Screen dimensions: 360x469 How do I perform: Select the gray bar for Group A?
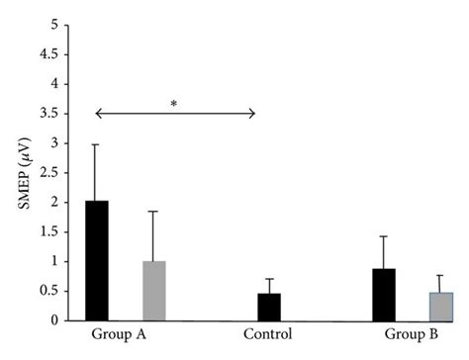pyautogui.click(x=153, y=291)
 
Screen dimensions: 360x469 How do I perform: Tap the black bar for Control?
pyautogui.click(x=268, y=307)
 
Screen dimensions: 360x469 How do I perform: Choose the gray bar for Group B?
pyautogui.click(x=441, y=307)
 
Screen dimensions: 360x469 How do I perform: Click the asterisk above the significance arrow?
pyautogui.click(x=174, y=102)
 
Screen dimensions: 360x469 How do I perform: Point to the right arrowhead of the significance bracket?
pyautogui.click(x=253, y=114)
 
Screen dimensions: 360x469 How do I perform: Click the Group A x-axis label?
pyautogui.click(x=117, y=334)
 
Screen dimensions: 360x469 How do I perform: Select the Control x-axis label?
pyautogui.click(x=267, y=334)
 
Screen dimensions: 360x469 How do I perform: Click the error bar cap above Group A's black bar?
pyautogui.click(x=96, y=144)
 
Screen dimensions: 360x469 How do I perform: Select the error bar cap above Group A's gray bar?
pyautogui.click(x=153, y=211)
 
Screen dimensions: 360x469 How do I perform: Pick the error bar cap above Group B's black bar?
pyautogui.click(x=384, y=236)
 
